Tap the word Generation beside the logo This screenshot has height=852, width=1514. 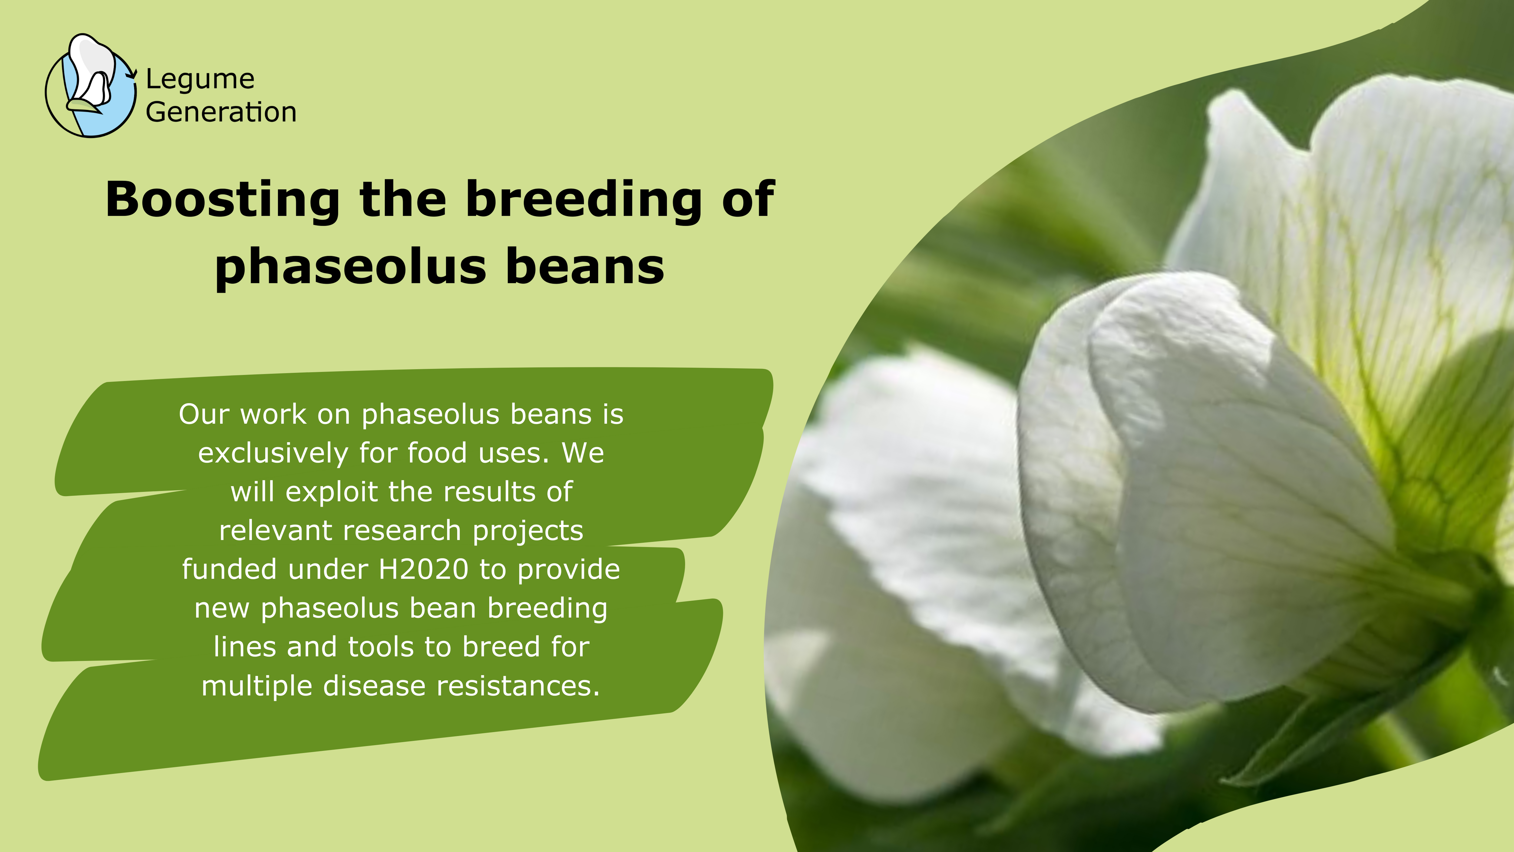[x=221, y=112]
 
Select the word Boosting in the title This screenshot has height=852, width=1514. [x=223, y=200]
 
